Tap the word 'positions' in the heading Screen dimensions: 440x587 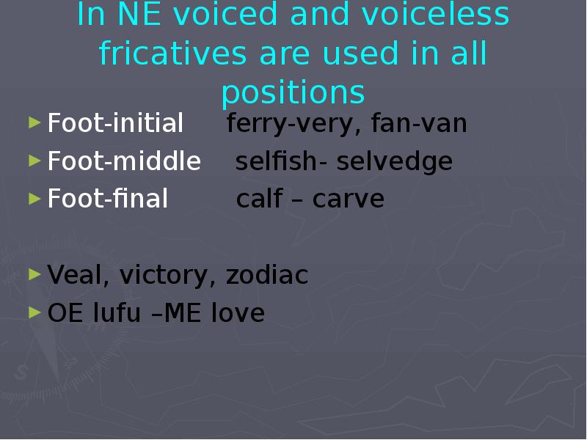293,93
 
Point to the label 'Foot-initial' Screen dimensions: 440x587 115,124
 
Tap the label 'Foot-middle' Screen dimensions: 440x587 124,161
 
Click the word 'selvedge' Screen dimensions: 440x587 395,161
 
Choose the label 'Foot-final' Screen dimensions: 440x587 108,199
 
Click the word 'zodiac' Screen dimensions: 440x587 267,275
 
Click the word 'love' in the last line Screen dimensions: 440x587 238,313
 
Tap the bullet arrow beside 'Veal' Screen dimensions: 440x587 34,274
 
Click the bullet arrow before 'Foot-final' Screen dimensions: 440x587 34,198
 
